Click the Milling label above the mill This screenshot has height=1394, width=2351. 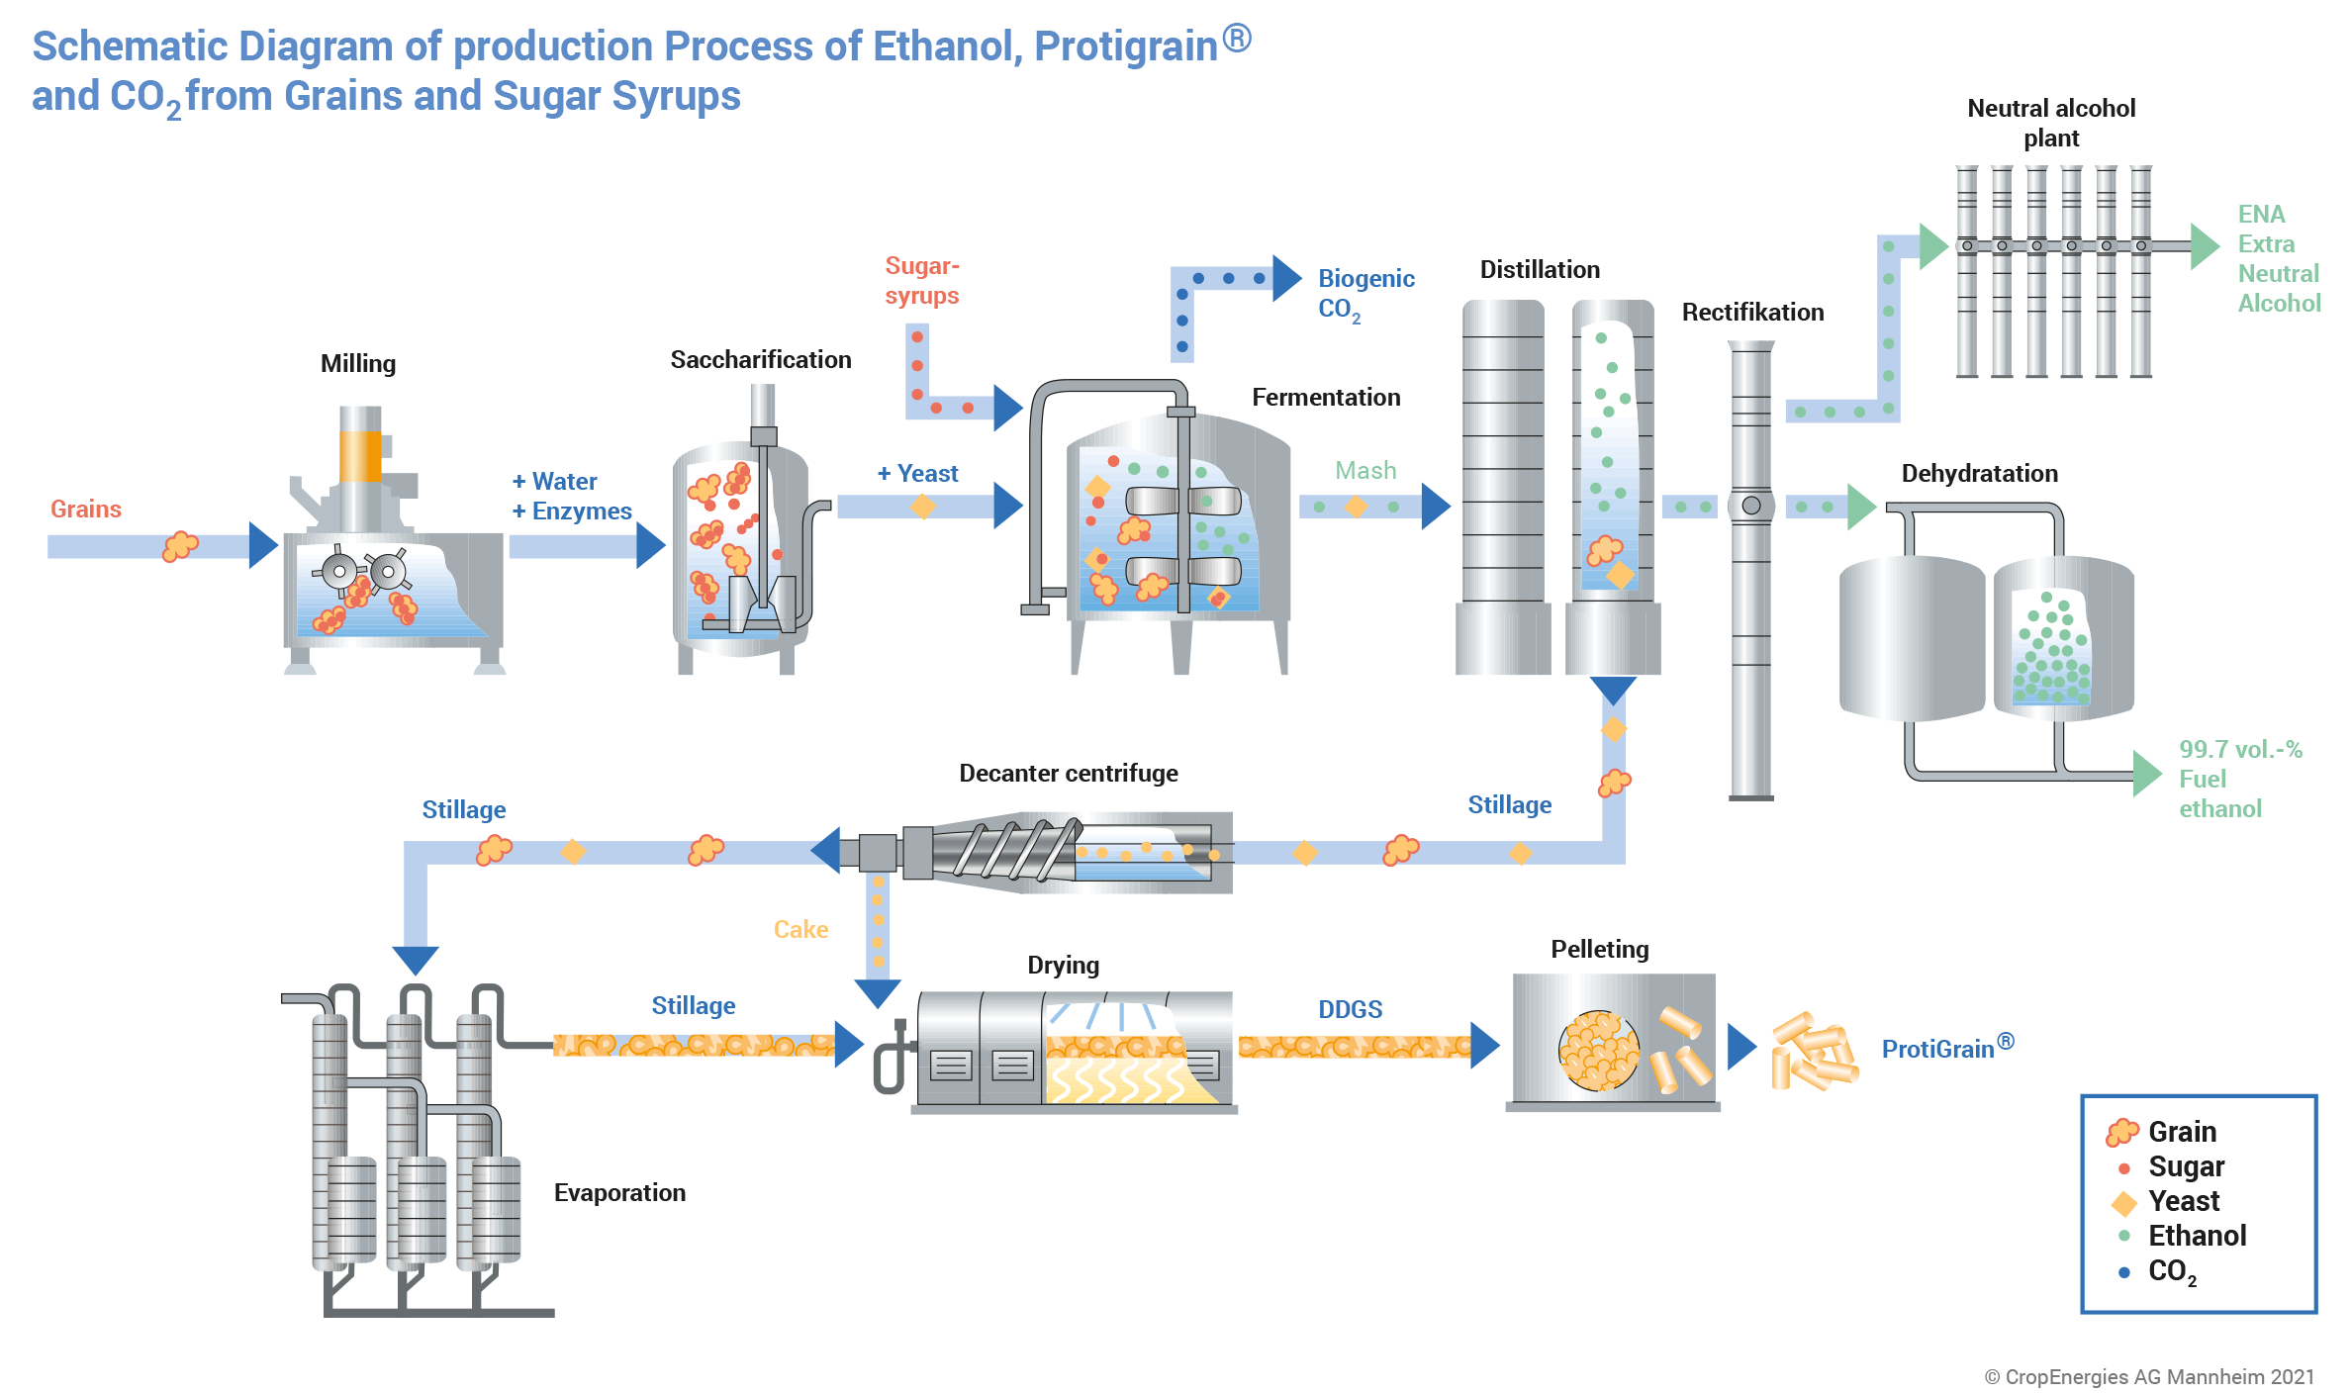[x=357, y=364]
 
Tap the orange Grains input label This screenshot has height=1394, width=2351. [x=86, y=509]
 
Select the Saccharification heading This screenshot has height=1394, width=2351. [x=760, y=360]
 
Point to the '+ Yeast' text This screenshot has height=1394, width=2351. [x=918, y=474]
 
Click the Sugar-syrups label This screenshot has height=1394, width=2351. [x=921, y=281]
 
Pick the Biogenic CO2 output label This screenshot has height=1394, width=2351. [x=1365, y=294]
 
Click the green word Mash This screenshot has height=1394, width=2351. [x=1365, y=471]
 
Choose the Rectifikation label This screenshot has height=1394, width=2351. [x=1752, y=313]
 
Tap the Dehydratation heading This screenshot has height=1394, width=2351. [x=1979, y=474]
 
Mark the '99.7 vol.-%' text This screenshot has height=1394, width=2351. [x=2240, y=750]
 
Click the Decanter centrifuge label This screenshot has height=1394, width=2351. [x=1069, y=774]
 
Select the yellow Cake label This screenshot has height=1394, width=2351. [x=800, y=930]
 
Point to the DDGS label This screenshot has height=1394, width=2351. [x=1350, y=1010]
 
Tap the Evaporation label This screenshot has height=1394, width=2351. [x=619, y=1193]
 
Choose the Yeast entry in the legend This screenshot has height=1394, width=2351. [x=2184, y=1201]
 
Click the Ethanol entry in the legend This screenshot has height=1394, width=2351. [x=2197, y=1236]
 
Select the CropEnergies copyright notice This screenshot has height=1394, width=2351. [x=2149, y=1377]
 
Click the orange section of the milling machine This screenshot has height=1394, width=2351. [x=360, y=456]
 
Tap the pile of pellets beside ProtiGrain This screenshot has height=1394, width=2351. [x=1813, y=1052]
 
